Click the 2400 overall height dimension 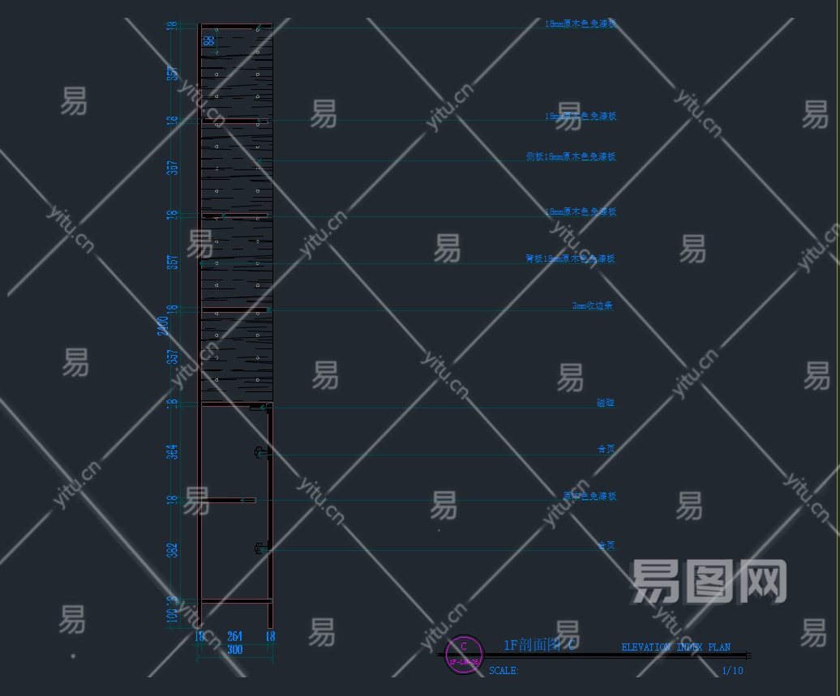pyautogui.click(x=163, y=326)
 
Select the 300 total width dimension pyautogui.click(x=235, y=650)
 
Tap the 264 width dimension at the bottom pyautogui.click(x=235, y=637)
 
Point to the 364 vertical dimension pyautogui.click(x=172, y=451)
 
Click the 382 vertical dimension pyautogui.click(x=172, y=550)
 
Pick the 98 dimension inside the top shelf pyautogui.click(x=209, y=40)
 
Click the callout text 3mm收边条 pyautogui.click(x=593, y=306)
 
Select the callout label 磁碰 pyautogui.click(x=606, y=403)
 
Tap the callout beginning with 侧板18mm pyautogui.click(x=571, y=156)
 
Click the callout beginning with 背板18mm pyautogui.click(x=571, y=259)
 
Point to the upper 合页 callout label pyautogui.click(x=606, y=448)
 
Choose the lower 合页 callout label pyautogui.click(x=606, y=545)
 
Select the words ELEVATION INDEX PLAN pyautogui.click(x=675, y=647)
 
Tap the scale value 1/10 pyautogui.click(x=731, y=671)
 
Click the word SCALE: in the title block pyautogui.click(x=504, y=671)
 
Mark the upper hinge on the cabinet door pyautogui.click(x=261, y=454)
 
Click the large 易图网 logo pyautogui.click(x=709, y=581)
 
